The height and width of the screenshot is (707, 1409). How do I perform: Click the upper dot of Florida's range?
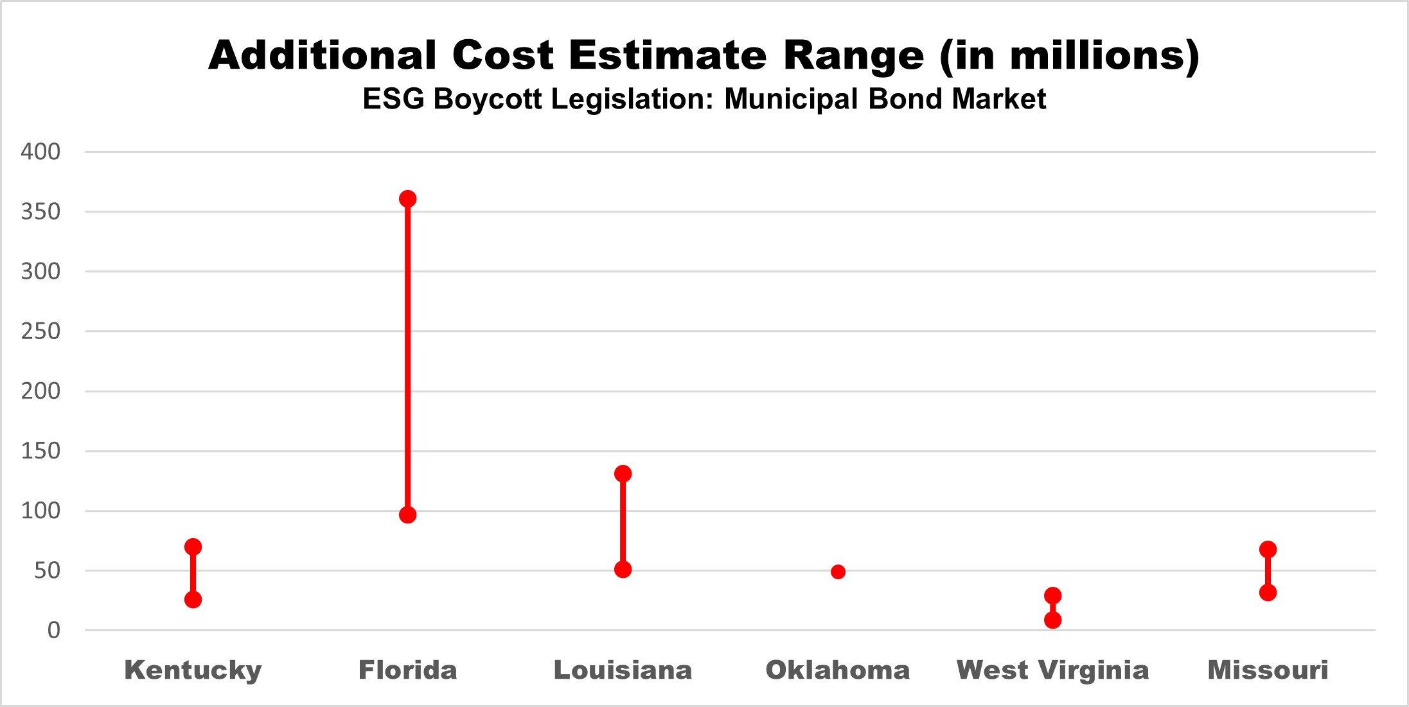tap(407, 199)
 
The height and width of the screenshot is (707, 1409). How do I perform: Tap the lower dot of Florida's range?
tap(407, 515)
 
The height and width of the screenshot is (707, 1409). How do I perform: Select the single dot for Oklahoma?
tap(838, 572)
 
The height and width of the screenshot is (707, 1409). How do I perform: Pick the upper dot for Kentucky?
tap(193, 547)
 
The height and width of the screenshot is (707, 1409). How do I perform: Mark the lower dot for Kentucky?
tap(193, 600)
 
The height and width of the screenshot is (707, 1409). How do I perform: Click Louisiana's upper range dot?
tap(623, 474)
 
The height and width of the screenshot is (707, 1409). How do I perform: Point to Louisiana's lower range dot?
tap(623, 570)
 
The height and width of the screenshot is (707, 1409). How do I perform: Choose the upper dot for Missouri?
tap(1268, 550)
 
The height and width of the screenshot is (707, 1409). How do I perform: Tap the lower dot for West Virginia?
tap(1052, 620)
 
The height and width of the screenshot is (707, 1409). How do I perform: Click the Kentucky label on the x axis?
tap(193, 670)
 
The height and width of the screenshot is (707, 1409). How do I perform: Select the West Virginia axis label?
tap(1052, 670)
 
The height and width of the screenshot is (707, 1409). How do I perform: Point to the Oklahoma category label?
tap(838, 670)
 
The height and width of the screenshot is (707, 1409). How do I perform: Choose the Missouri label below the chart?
tap(1268, 670)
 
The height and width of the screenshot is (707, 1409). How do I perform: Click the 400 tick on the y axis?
tap(40, 152)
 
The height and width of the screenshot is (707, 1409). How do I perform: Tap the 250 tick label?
tap(40, 331)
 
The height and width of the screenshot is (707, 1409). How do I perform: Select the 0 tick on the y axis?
tap(54, 630)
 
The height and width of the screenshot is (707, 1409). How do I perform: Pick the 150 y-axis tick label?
tap(40, 451)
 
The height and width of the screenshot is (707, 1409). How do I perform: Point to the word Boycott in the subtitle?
tap(488, 99)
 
